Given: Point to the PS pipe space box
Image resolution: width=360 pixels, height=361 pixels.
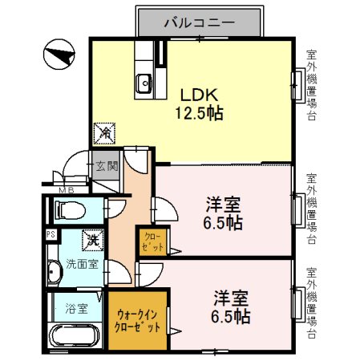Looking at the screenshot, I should (51, 235).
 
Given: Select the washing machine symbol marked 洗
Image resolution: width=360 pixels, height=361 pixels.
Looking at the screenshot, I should (93, 238).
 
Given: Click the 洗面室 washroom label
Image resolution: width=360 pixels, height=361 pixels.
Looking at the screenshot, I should (81, 264).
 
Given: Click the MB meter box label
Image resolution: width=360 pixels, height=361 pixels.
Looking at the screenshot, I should (68, 191).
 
